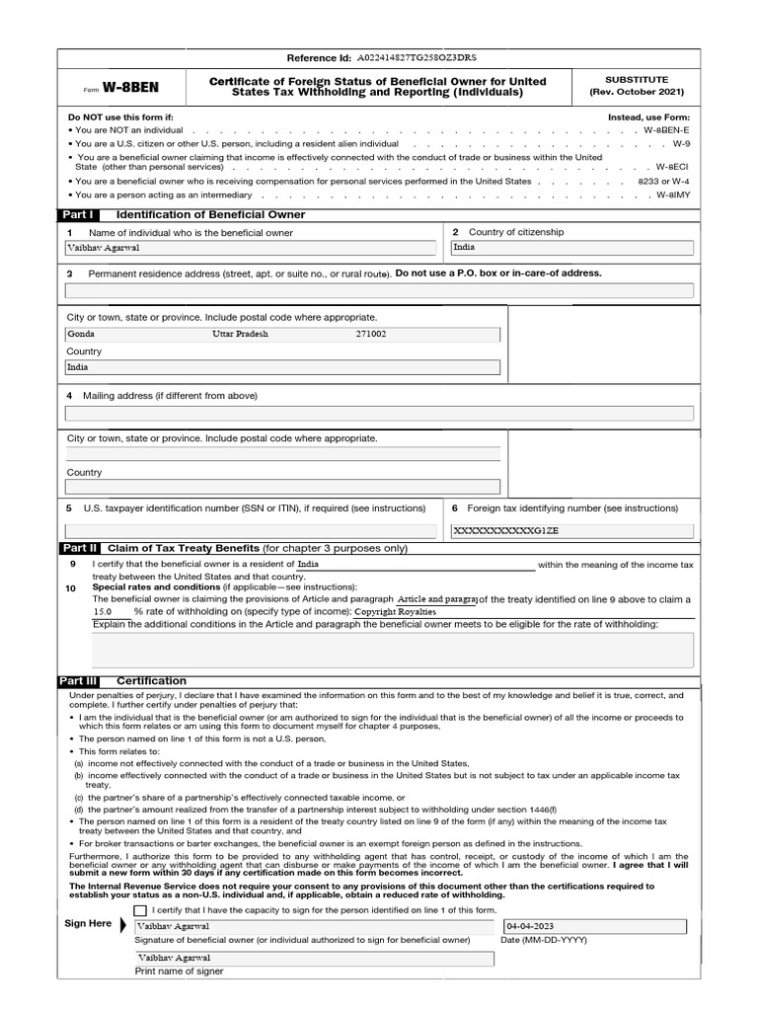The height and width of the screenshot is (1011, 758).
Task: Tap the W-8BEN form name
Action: pos(125,88)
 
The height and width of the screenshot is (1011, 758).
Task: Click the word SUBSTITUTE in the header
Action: pos(637,79)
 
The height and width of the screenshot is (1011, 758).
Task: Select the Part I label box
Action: pos(78,214)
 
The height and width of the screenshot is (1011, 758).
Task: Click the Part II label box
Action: pos(79,547)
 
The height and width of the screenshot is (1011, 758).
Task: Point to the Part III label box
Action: pos(79,681)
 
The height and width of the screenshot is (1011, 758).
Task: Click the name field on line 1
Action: pos(251,249)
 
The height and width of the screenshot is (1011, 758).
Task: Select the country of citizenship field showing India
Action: pos(571,249)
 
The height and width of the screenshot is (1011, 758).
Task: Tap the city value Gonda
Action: pos(81,334)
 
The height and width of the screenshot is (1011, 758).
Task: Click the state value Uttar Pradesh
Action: pos(240,334)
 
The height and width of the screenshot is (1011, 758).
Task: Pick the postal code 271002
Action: pos(371,334)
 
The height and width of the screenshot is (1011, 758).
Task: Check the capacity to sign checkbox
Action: pos(140,910)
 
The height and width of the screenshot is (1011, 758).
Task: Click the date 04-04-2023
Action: pos(530,927)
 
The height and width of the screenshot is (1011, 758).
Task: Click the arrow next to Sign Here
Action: pos(123,925)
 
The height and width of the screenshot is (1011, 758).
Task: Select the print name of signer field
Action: pos(314,958)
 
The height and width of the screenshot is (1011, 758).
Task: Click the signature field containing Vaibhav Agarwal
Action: pos(314,927)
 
